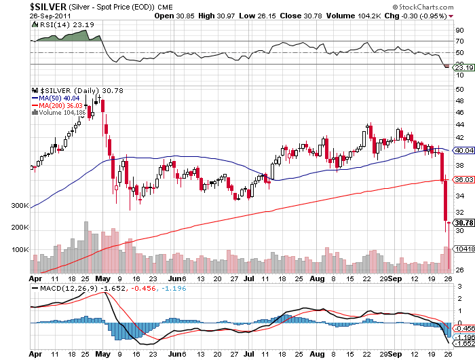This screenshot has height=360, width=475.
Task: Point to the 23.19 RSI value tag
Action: tap(463, 67)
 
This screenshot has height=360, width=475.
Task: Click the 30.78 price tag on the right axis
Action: tap(463, 223)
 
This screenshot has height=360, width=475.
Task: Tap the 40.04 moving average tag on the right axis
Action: tap(463, 150)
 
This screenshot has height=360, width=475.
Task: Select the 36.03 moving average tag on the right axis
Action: tap(463, 180)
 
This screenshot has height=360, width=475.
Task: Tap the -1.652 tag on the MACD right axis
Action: tap(463, 344)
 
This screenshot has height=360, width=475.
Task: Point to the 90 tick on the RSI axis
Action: tap(459, 30)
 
